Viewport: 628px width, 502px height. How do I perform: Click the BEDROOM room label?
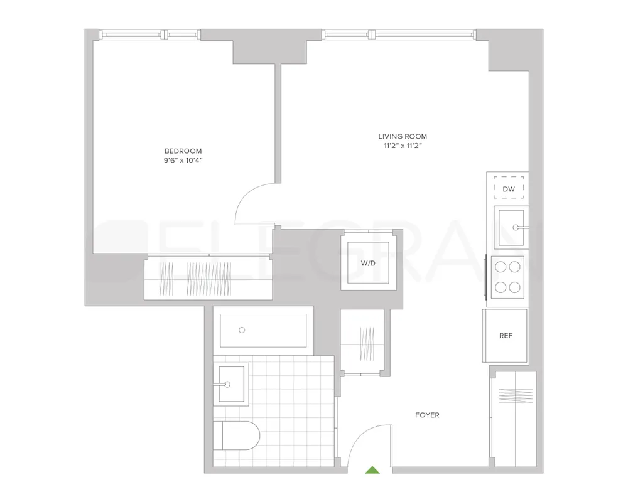click(x=183, y=151)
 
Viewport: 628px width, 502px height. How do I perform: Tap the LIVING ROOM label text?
click(x=403, y=136)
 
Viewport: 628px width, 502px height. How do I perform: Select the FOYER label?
click(x=427, y=415)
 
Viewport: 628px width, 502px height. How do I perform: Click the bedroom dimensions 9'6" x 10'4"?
click(x=183, y=161)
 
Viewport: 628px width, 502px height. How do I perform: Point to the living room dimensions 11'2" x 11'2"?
click(x=403, y=146)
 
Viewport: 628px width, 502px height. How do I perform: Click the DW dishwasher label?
click(x=509, y=188)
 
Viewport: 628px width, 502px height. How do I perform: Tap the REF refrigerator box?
click(x=506, y=336)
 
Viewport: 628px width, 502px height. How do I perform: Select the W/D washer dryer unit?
click(x=368, y=263)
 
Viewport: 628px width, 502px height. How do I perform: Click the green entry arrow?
click(x=372, y=469)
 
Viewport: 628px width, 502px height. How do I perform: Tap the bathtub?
click(x=263, y=330)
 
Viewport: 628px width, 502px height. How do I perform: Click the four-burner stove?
click(x=507, y=276)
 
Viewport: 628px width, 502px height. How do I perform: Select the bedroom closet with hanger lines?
click(x=207, y=278)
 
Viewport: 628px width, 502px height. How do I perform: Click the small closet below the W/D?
click(x=365, y=344)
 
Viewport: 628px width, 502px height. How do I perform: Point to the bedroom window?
click(x=146, y=34)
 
